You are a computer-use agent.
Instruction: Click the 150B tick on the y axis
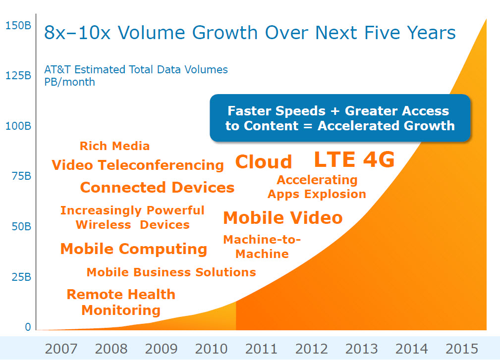point(18,25)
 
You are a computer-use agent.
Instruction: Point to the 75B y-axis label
point(21,176)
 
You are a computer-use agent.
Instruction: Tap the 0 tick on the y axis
point(28,327)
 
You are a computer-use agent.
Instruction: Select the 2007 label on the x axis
point(61,349)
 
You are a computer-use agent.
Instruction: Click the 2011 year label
point(261,349)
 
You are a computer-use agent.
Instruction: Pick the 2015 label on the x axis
point(462,349)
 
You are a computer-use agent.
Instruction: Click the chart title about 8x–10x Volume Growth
point(250,33)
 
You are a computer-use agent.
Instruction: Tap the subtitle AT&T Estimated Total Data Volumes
point(136,69)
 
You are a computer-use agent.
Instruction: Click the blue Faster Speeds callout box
point(340,118)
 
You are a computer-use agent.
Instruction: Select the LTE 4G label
point(354,159)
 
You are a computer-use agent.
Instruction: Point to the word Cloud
point(264,161)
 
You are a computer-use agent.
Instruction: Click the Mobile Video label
point(283,217)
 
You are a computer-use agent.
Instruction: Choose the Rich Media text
point(114,146)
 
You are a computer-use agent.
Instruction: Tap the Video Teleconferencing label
point(138,165)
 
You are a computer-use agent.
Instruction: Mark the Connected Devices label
point(157,187)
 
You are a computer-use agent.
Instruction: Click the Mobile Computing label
point(134,249)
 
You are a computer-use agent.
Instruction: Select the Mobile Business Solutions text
point(171,272)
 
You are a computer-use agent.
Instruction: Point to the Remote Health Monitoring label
point(121,302)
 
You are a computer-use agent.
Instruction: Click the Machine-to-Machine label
point(262,247)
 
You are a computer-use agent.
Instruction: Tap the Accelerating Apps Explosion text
point(317,187)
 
